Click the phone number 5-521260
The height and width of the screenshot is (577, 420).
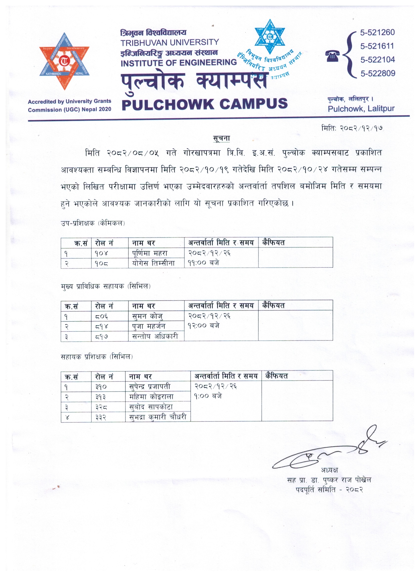377,32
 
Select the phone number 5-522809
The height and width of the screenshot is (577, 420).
378,74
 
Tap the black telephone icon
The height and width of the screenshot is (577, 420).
332,56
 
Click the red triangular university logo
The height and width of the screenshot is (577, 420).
64,61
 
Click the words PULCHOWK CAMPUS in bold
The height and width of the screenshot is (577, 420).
205,104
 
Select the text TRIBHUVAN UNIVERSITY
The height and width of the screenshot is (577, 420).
170,42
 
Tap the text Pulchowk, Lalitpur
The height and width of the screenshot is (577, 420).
361,109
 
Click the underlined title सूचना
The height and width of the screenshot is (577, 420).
221,138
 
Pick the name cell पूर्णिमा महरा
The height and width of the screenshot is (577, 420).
150,253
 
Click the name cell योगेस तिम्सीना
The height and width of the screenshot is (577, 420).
153,263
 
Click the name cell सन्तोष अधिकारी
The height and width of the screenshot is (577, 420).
155,336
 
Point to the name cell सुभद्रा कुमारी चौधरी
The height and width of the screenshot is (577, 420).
158,417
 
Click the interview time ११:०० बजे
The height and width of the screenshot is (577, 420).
204,263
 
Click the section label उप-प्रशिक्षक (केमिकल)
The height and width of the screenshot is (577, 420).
93,223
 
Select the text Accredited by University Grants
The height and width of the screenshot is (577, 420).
69,101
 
